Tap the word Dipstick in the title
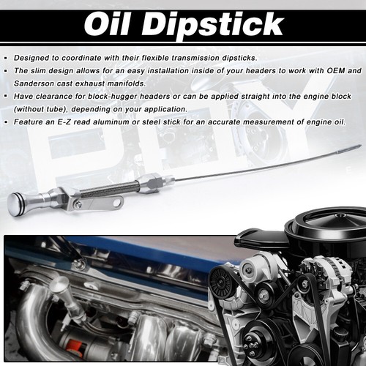click(212, 26)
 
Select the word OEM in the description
click(335, 70)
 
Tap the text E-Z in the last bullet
click(64, 122)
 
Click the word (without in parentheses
click(26, 109)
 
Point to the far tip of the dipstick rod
click(361, 146)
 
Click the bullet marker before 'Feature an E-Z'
click(6, 122)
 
